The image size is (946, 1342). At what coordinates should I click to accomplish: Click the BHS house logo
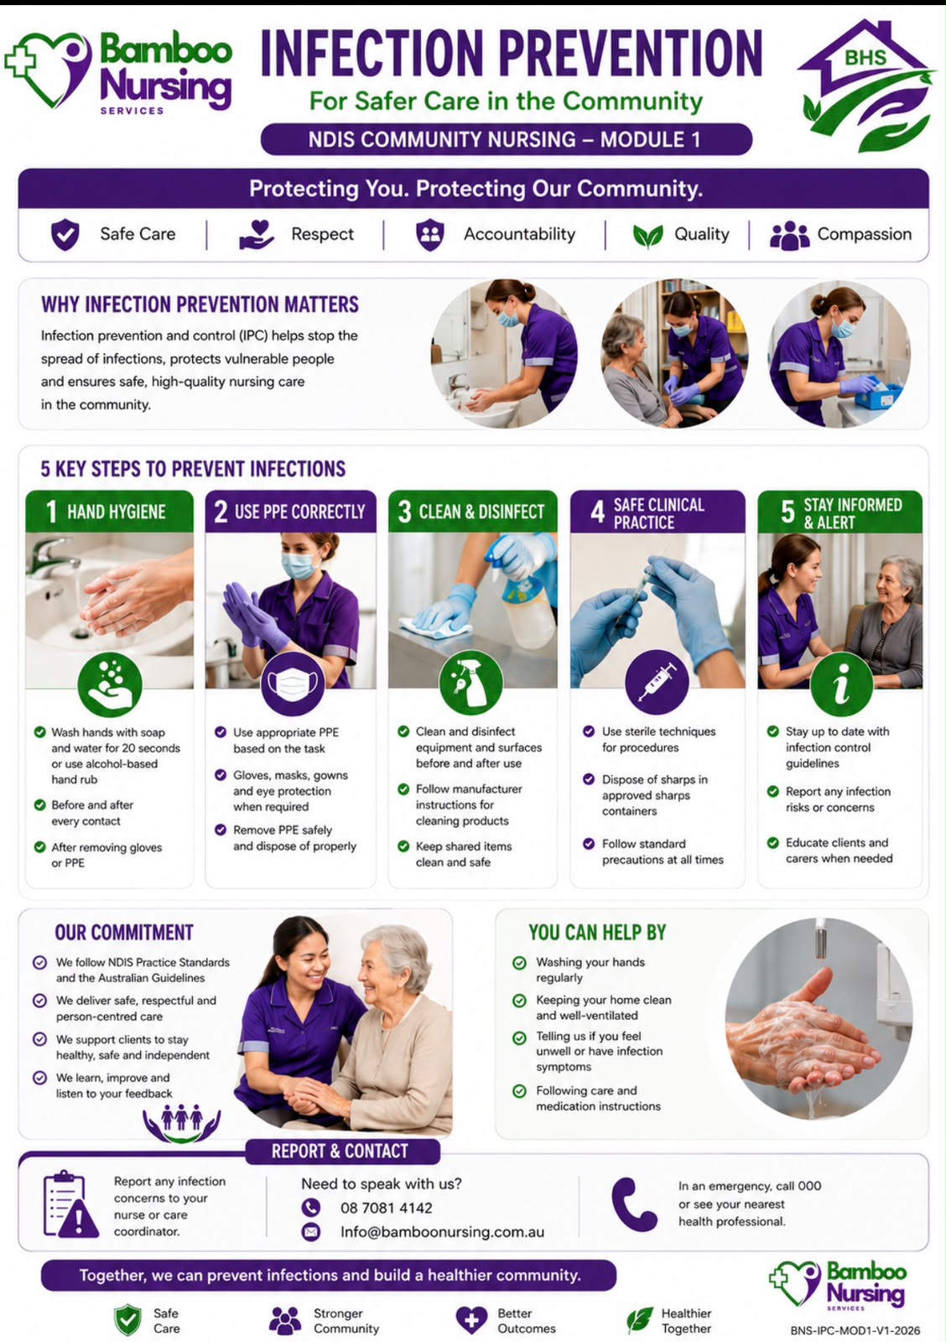865,84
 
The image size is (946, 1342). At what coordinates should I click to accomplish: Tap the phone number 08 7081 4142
387,1208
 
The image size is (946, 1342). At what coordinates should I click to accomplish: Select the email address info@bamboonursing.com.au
442,1232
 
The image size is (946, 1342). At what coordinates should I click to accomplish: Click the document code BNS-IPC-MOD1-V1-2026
855,1330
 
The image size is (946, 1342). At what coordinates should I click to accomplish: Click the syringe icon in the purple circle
657,682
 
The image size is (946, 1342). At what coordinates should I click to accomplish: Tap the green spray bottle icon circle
470,683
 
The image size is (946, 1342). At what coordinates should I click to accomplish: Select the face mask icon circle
293,684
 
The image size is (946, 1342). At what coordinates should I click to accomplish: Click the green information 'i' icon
841,684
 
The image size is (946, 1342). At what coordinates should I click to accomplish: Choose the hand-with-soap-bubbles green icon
110,684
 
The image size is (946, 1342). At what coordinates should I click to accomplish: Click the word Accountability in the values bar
519,234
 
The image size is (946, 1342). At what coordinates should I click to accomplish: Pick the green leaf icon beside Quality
648,236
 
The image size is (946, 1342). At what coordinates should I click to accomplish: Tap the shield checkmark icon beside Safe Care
65,234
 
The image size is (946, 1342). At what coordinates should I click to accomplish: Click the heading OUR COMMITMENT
124,933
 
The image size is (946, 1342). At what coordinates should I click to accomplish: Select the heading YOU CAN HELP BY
597,933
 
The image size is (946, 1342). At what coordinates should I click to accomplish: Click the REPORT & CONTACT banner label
340,1151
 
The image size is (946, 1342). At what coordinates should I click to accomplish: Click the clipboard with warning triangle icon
70,1204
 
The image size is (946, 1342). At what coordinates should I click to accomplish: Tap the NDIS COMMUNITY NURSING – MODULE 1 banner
507,139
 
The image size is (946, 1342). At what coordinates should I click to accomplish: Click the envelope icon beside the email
310,1232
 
